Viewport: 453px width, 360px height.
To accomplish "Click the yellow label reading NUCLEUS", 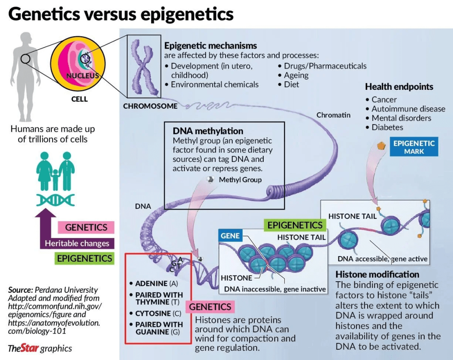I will pos(83,76).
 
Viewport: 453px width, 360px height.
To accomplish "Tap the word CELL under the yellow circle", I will pos(80,99).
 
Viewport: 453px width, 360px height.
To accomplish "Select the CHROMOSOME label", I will pos(150,106).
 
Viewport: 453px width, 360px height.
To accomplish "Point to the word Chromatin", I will pos(334,115).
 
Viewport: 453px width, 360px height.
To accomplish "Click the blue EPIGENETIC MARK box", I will pos(414,147).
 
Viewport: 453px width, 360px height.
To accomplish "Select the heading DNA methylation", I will pos(208,131).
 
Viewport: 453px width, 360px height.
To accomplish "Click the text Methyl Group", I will pos(240,180).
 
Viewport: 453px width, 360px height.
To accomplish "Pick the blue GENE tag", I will pos(230,236).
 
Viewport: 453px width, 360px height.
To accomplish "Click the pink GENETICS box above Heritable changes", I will pos(86,227).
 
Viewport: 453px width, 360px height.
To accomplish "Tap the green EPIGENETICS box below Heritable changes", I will pos(84,258).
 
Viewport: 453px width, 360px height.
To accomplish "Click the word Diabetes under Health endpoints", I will pos(388,127).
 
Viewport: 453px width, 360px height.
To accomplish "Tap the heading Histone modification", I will pos(377,274).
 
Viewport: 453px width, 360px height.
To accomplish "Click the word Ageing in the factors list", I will pos(296,75).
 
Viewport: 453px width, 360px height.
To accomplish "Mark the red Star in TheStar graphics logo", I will pos(30,348).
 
